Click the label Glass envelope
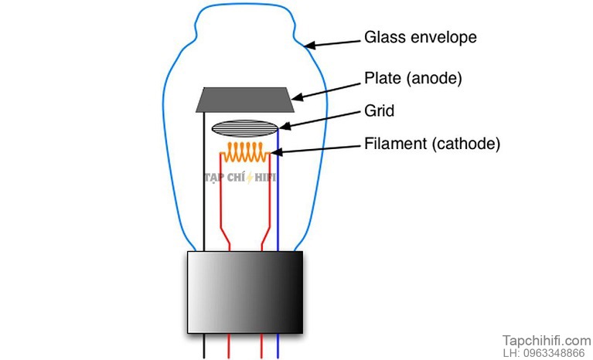tap(420, 37)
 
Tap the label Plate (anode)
tap(413, 78)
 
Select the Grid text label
tap(380, 110)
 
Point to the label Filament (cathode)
tap(432, 144)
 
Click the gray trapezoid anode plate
tap(245, 100)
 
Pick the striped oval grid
tap(245, 128)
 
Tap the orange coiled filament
tap(245, 152)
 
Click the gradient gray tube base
tap(245, 292)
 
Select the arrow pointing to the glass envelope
tap(332, 43)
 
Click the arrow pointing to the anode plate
tap(326, 91)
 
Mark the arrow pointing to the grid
tap(320, 120)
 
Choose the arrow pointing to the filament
tap(315, 150)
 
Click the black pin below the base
tap(204, 346)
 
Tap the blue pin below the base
tap(278, 346)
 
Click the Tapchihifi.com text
tap(547, 341)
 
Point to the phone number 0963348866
tap(554, 353)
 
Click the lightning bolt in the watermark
tap(250, 178)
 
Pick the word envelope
tap(444, 38)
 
